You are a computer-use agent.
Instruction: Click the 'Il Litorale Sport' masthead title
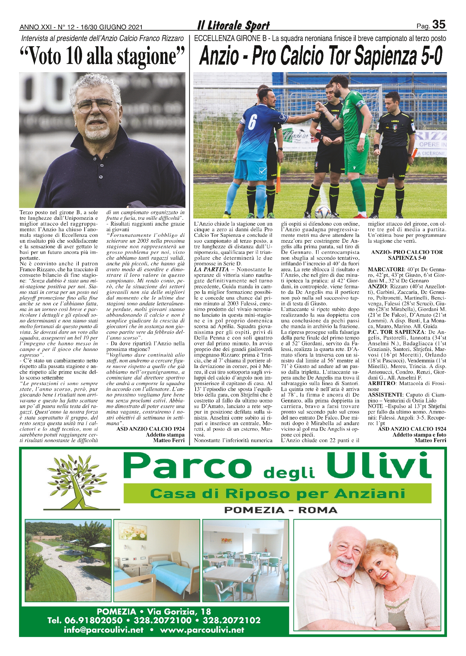(x=233, y=26)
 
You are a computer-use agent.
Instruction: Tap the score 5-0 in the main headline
(x=427, y=56)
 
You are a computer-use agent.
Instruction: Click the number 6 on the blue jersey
(x=252, y=122)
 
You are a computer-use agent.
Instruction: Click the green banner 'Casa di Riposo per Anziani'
(x=277, y=494)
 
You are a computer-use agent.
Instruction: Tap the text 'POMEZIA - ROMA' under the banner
(x=280, y=510)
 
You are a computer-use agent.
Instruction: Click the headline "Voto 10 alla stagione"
(x=102, y=56)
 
